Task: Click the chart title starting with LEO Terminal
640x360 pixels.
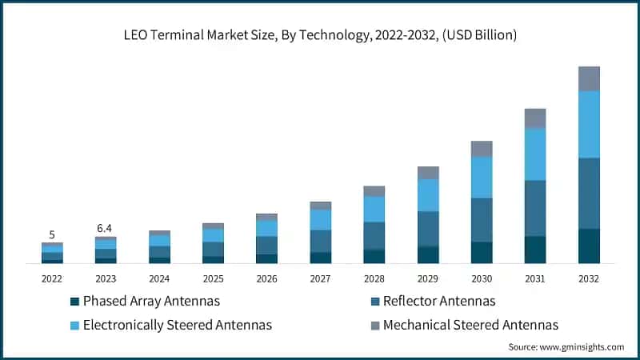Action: tap(320, 35)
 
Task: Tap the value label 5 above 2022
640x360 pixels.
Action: tap(52, 234)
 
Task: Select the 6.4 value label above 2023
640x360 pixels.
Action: tap(106, 228)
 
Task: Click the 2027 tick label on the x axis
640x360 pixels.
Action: tap(320, 278)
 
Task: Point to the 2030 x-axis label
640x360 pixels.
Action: tap(482, 278)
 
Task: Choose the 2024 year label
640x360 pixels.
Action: tap(159, 278)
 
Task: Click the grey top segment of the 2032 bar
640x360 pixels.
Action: tap(589, 78)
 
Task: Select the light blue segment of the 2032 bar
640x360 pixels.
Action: tap(589, 124)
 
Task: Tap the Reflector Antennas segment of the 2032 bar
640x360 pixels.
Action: tap(589, 193)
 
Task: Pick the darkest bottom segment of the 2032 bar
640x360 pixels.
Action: tap(589, 246)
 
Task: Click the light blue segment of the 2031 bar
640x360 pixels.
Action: tap(535, 154)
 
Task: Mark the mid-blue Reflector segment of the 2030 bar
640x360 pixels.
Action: tap(482, 219)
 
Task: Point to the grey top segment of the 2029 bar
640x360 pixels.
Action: tap(428, 172)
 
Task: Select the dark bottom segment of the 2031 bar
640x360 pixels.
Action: tap(535, 249)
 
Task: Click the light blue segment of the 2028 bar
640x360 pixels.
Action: tap(374, 209)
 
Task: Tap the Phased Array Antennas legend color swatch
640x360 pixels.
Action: tap(75, 302)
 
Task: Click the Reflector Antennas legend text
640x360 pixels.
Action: tap(439, 302)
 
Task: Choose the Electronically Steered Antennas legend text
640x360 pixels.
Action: tap(178, 325)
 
